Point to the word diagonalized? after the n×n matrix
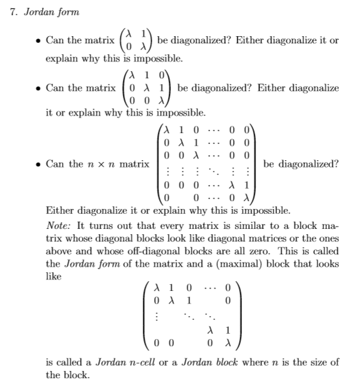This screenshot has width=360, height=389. coord(301,164)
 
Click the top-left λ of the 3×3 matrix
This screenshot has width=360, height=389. coord(132,76)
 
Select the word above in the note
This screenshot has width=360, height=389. coord(62,252)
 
